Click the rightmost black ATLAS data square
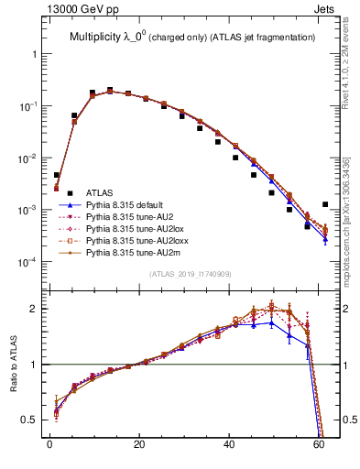pos(325,205)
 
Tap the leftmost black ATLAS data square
pos(57,175)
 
